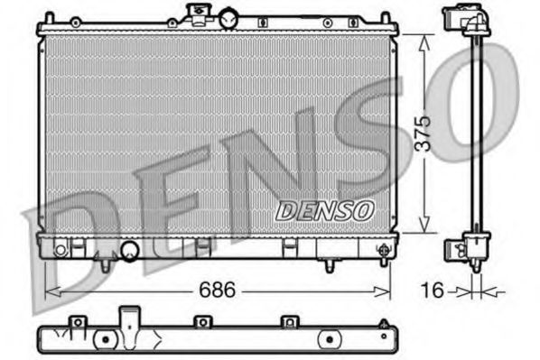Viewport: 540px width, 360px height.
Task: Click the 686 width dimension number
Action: [x=218, y=291]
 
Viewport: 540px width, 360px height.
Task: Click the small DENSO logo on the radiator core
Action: [x=324, y=210]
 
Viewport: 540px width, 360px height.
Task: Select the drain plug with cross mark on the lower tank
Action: [x=60, y=248]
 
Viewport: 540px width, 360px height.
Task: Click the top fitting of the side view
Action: [x=461, y=19]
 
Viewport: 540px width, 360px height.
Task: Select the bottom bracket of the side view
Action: [x=470, y=245]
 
